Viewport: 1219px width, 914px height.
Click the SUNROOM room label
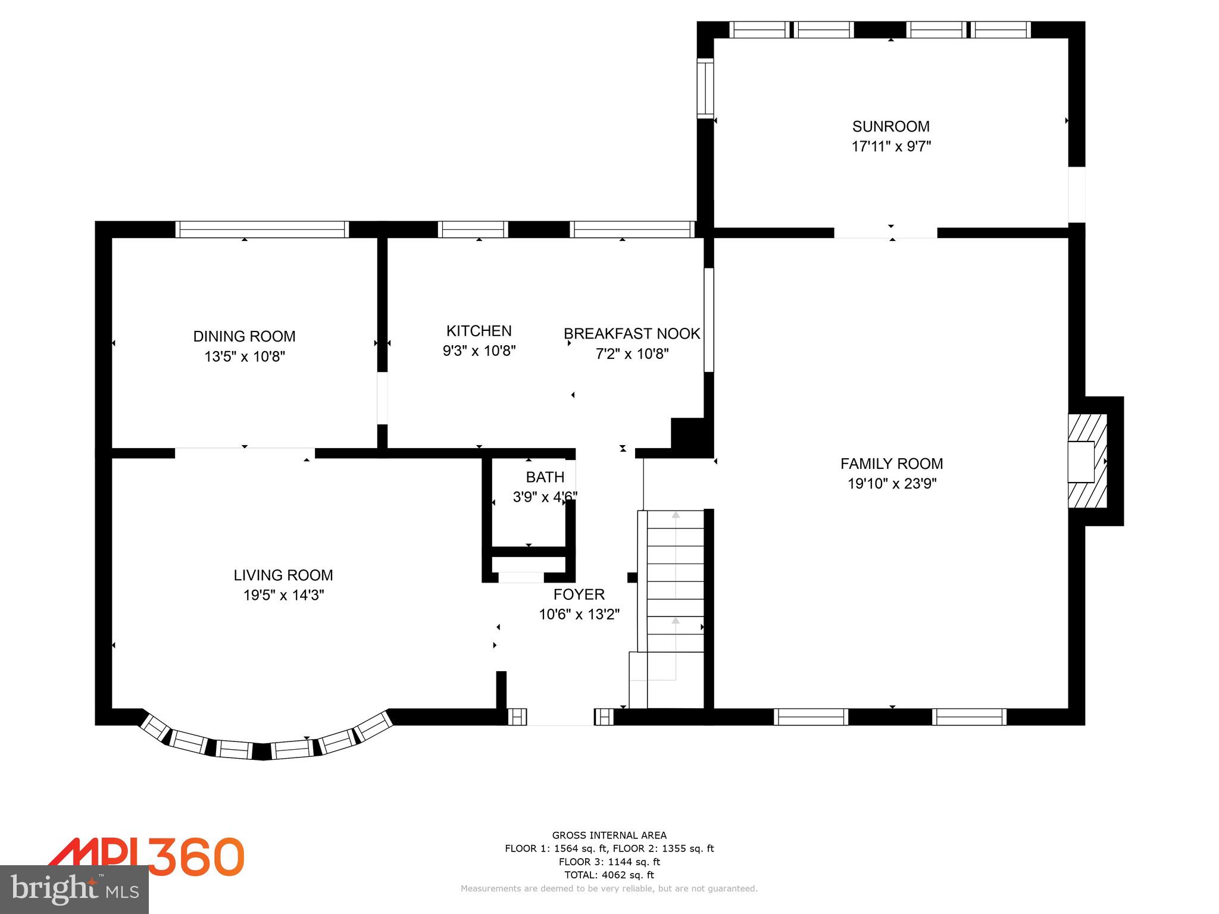890,126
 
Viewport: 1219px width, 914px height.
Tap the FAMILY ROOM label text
891,464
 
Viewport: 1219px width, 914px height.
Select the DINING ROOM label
244,336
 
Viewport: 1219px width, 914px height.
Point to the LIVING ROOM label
283,575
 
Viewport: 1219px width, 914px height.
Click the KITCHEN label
479,331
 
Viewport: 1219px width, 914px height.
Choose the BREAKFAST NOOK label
632,333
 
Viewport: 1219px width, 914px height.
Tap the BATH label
545,477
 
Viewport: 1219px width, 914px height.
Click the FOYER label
579,594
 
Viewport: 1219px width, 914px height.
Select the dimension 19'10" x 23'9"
892,484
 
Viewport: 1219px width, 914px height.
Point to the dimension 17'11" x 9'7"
890,146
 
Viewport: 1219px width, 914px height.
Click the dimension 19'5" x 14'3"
283,595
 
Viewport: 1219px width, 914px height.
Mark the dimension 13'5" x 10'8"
245,356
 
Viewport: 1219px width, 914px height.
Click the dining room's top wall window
262,229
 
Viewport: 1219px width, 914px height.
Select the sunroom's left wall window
705,89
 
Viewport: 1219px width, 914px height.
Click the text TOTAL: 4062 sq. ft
609,875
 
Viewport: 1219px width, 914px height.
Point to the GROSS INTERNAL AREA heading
609,835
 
